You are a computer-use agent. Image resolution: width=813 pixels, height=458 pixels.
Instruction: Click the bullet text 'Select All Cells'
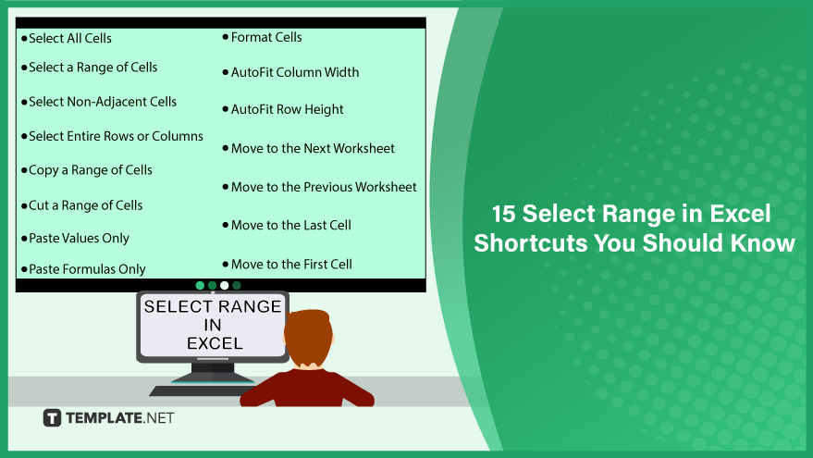pos(70,38)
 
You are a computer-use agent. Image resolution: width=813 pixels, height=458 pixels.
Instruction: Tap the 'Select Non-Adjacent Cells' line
pos(103,102)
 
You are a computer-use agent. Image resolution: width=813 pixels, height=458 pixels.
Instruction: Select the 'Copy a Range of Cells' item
pos(91,170)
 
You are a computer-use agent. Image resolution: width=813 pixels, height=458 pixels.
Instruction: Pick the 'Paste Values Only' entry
pos(79,239)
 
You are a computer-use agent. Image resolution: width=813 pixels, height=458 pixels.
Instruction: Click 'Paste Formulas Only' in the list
pos(87,269)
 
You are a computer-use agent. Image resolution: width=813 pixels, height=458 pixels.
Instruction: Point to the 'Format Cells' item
pos(266,37)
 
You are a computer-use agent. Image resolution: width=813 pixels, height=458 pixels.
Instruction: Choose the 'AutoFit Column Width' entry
pos(295,72)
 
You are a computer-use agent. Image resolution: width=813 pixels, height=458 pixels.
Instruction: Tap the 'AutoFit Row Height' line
pos(288,109)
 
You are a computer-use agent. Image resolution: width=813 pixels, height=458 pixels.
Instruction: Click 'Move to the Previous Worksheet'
pos(324,187)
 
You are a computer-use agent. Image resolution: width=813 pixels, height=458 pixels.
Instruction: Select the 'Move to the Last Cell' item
pos(290,225)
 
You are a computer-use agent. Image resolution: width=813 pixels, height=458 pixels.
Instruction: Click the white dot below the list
pos(225,285)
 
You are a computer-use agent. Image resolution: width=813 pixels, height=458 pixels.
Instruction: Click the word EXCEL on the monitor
pos(215,343)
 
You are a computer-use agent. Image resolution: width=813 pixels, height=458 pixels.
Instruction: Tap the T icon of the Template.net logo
pos(52,418)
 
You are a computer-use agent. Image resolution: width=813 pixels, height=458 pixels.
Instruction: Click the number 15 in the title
pos(503,214)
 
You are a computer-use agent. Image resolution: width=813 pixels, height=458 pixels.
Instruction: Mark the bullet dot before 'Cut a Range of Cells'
pos(24,206)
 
